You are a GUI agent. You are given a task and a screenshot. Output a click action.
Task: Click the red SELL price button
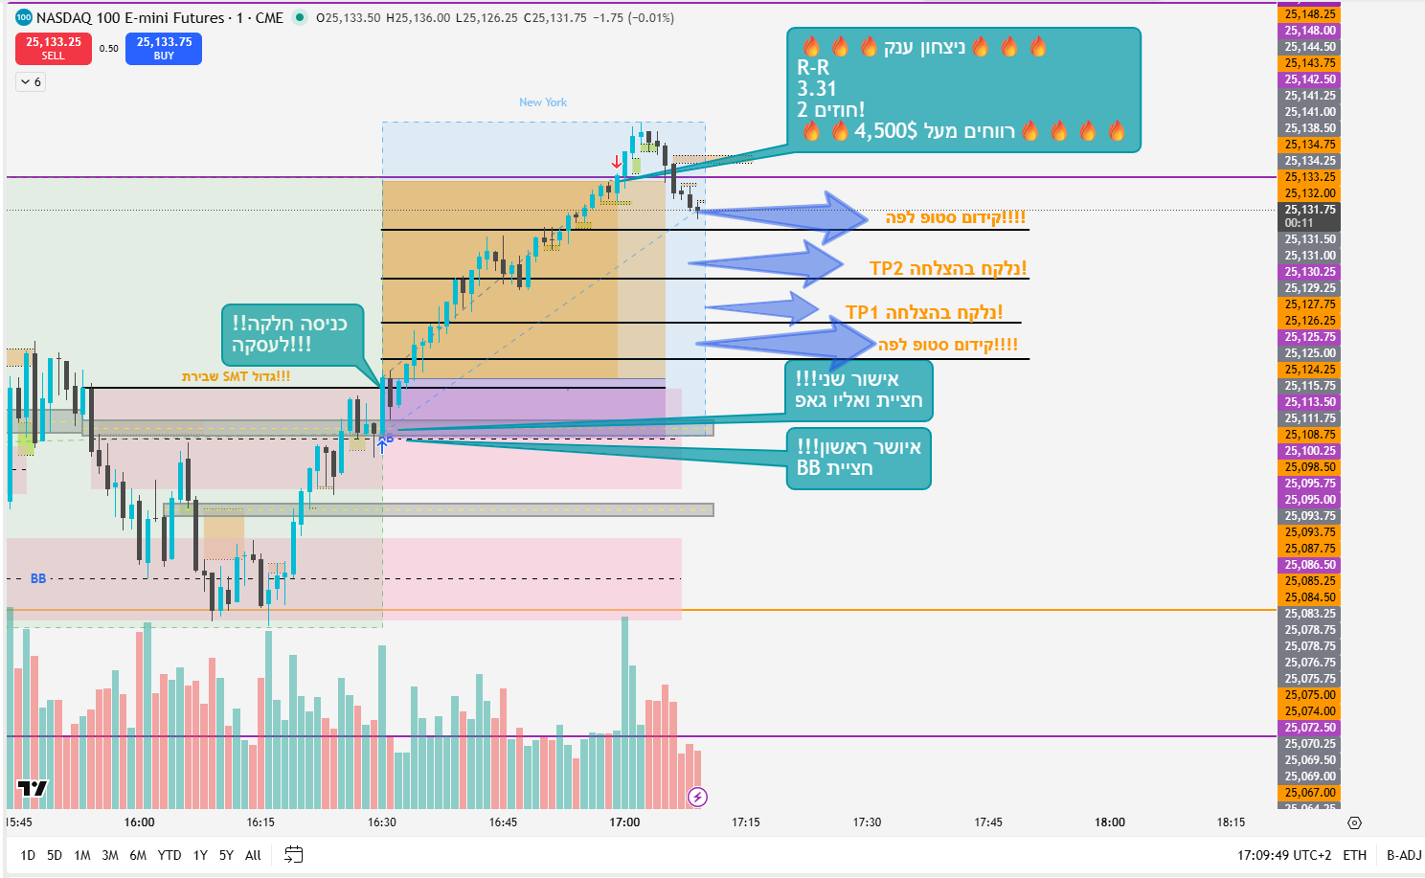click(x=54, y=48)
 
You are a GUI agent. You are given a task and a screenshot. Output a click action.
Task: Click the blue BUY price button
click(x=164, y=48)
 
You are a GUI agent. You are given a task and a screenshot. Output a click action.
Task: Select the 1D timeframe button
click(x=28, y=855)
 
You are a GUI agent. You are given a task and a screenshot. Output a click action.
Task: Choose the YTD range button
click(x=170, y=855)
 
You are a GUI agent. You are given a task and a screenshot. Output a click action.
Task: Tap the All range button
click(x=253, y=855)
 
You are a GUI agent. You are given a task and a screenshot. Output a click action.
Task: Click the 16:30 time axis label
click(x=381, y=822)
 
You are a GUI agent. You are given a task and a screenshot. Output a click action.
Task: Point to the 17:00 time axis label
click(x=624, y=822)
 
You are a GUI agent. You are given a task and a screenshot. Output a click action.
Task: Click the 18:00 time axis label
click(x=1110, y=822)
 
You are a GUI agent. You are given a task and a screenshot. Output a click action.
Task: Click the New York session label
click(x=543, y=102)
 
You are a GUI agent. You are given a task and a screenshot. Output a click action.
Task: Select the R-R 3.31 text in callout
click(x=816, y=79)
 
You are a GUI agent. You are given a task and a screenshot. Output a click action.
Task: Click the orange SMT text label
click(x=236, y=376)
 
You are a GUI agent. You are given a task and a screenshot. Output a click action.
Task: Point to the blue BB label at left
click(x=38, y=578)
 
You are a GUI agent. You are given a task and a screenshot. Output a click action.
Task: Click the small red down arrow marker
click(x=616, y=162)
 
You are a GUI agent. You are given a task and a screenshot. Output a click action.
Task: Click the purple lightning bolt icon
click(x=697, y=797)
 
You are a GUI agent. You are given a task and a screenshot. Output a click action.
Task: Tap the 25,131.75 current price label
click(x=1309, y=210)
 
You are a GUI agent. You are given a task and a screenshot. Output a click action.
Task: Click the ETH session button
click(x=1354, y=855)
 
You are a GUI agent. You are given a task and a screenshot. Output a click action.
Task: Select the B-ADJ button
click(x=1404, y=855)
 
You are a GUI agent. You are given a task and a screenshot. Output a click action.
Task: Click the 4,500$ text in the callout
click(x=885, y=131)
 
